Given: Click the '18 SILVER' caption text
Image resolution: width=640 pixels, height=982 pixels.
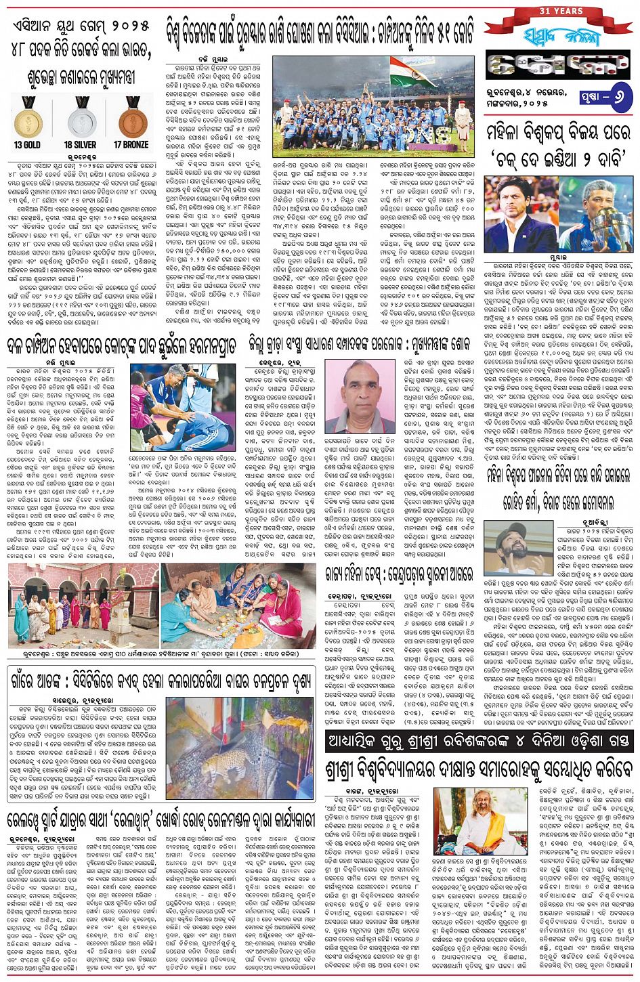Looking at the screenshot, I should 81,144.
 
